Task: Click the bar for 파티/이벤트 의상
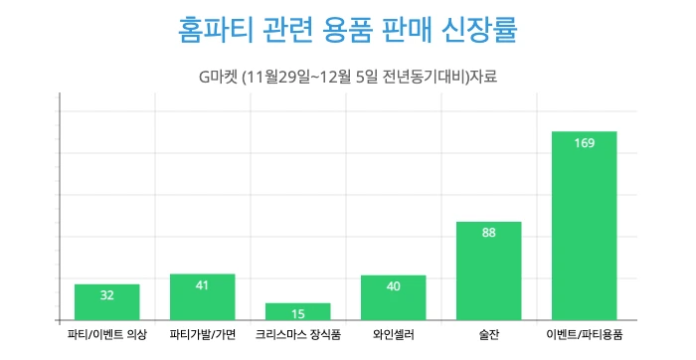(106, 302)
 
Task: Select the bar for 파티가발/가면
(202, 297)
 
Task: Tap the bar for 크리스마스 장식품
(297, 311)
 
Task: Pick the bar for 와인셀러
(393, 297)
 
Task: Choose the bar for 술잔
(488, 270)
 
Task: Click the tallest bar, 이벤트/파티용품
(584, 226)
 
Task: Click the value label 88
(488, 234)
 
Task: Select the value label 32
(106, 295)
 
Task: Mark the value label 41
(202, 285)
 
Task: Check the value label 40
(393, 286)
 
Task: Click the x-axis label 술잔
(488, 335)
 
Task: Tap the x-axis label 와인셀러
(393, 335)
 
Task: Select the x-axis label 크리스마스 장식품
(297, 335)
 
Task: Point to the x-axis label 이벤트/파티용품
(584, 335)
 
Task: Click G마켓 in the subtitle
(222, 77)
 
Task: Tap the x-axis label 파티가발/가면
(202, 335)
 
